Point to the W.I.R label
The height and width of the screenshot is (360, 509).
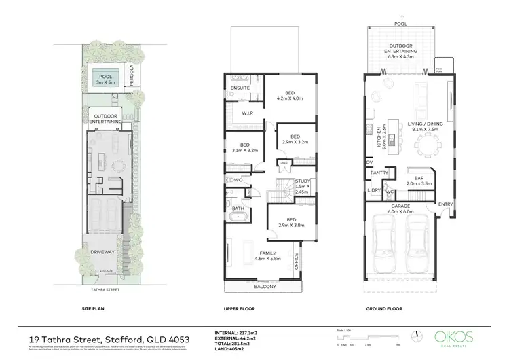pyautogui.click(x=247, y=113)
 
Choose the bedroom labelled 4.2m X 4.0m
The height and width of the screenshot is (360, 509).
pyautogui.click(x=290, y=94)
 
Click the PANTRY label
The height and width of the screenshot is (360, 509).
pyautogui.click(x=379, y=173)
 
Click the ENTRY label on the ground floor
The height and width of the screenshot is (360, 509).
pyautogui.click(x=445, y=204)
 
